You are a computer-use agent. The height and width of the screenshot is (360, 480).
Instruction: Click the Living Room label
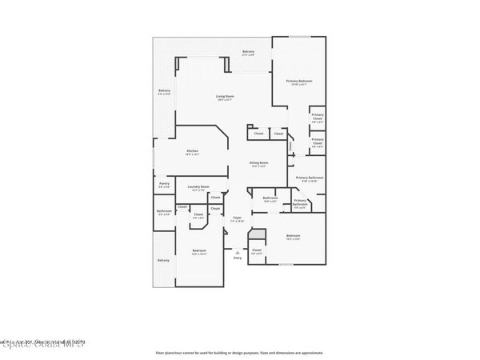point(224,98)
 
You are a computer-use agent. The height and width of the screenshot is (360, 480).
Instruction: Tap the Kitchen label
point(192,151)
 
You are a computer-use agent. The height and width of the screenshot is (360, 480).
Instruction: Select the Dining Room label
point(259,163)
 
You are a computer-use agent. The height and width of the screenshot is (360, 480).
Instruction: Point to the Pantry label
point(163,184)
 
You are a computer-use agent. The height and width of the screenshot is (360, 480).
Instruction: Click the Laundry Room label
point(198,186)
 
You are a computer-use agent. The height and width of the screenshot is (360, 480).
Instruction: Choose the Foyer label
point(237,217)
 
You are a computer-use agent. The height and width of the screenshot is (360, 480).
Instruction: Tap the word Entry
point(237,258)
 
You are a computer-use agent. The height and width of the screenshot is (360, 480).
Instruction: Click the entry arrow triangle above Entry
point(237,251)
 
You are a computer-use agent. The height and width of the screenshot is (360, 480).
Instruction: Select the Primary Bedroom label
point(299,82)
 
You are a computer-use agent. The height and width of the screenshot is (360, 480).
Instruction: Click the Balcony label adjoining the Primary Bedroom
point(249,53)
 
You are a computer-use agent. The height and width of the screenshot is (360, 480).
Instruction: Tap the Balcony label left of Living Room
point(164,91)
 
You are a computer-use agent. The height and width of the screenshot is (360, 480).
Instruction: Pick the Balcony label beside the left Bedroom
point(163,260)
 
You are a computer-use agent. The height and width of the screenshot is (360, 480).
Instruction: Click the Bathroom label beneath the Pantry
point(163,212)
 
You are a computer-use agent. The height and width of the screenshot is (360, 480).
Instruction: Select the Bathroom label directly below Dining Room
point(270,198)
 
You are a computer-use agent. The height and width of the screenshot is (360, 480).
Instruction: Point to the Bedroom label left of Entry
point(198,251)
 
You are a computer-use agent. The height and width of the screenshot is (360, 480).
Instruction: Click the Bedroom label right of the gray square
point(294,235)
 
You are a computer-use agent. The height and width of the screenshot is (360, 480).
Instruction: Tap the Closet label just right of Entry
point(257,251)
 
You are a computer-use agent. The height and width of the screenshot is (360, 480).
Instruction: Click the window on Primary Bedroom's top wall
point(299,37)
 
